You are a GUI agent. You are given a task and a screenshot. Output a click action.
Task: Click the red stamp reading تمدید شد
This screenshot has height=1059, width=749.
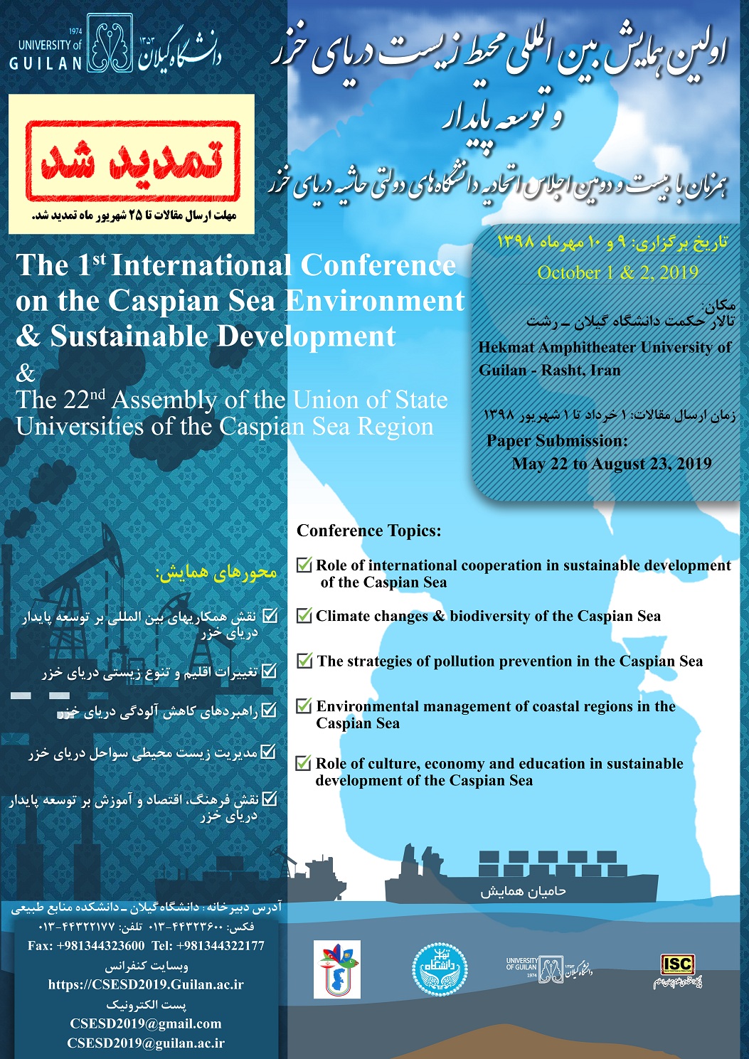click(x=132, y=161)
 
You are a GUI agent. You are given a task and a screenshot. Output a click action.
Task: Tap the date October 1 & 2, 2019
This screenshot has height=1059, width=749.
click(x=617, y=272)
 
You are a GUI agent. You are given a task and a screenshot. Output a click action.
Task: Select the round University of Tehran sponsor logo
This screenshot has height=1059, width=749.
click(x=440, y=969)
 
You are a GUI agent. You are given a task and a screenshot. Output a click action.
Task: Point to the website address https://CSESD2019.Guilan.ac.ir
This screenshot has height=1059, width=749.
click(x=146, y=985)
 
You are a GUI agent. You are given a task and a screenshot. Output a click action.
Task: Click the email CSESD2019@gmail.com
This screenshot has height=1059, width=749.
click(x=146, y=1024)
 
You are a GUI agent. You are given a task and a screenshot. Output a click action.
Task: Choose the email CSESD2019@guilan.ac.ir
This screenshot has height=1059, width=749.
click(x=146, y=1043)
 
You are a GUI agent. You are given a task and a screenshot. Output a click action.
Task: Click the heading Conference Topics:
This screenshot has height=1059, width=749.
click(x=369, y=531)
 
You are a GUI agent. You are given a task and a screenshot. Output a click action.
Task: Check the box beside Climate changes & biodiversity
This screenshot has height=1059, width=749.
click(x=304, y=616)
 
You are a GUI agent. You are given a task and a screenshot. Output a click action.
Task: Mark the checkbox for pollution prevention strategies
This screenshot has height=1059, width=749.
click(x=304, y=661)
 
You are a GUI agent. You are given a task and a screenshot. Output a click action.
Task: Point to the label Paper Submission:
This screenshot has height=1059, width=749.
click(x=557, y=441)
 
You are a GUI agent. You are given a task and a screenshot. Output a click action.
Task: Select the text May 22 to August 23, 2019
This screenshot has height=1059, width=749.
click(x=612, y=464)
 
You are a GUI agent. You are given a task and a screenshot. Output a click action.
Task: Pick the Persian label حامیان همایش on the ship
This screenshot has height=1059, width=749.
click(x=523, y=891)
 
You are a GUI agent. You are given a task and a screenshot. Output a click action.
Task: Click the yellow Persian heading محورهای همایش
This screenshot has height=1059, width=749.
click(x=217, y=573)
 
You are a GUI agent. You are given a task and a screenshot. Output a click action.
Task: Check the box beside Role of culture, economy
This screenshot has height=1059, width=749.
click(x=304, y=764)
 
